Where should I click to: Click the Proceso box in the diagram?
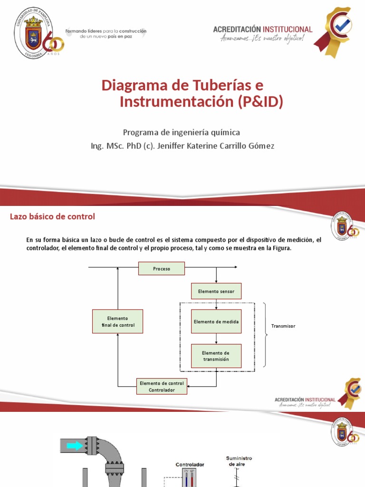[162, 269]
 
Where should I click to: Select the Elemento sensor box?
[216, 291]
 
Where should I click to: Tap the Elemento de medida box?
[216, 322]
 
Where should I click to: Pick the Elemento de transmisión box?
[216, 356]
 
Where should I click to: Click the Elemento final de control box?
[118, 321]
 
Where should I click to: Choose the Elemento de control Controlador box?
[162, 386]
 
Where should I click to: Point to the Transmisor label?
[283, 326]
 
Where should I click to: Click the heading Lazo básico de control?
[53, 217]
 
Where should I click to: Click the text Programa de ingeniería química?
[182, 132]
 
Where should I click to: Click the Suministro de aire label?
[239, 461]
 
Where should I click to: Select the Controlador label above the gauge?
[190, 464]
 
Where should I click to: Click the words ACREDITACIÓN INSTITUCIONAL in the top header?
[262, 29]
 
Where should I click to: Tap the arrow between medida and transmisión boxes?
[216, 339]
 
